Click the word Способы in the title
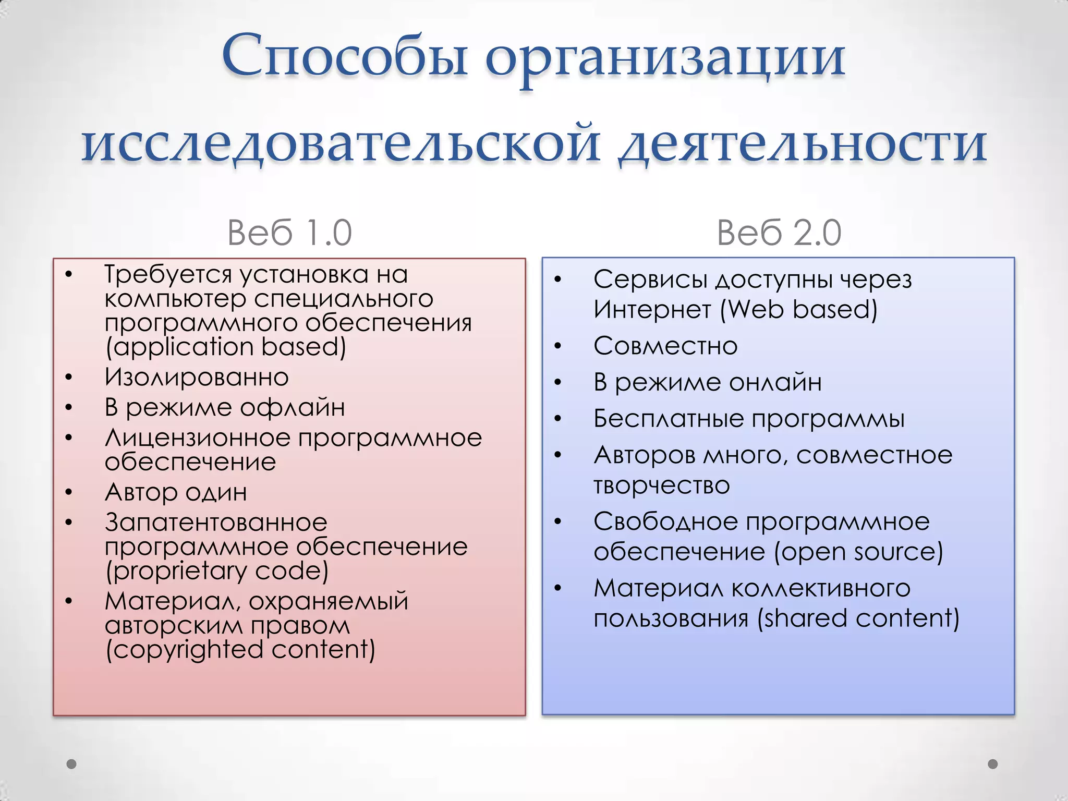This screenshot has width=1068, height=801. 344,56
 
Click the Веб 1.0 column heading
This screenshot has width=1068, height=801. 289,233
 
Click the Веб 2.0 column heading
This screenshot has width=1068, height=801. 779,233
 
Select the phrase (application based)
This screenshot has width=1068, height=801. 225,347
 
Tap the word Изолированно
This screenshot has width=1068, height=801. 196,377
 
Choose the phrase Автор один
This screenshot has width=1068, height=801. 176,492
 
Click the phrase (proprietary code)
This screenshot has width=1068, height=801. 216,571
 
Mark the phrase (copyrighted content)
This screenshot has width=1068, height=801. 240,650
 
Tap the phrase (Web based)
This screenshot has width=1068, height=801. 798,310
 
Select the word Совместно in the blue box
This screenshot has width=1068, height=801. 665,346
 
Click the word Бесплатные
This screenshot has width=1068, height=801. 668,419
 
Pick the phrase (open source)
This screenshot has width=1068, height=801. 858,552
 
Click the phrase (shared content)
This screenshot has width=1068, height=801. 858,618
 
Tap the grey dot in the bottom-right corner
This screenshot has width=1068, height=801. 993,764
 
